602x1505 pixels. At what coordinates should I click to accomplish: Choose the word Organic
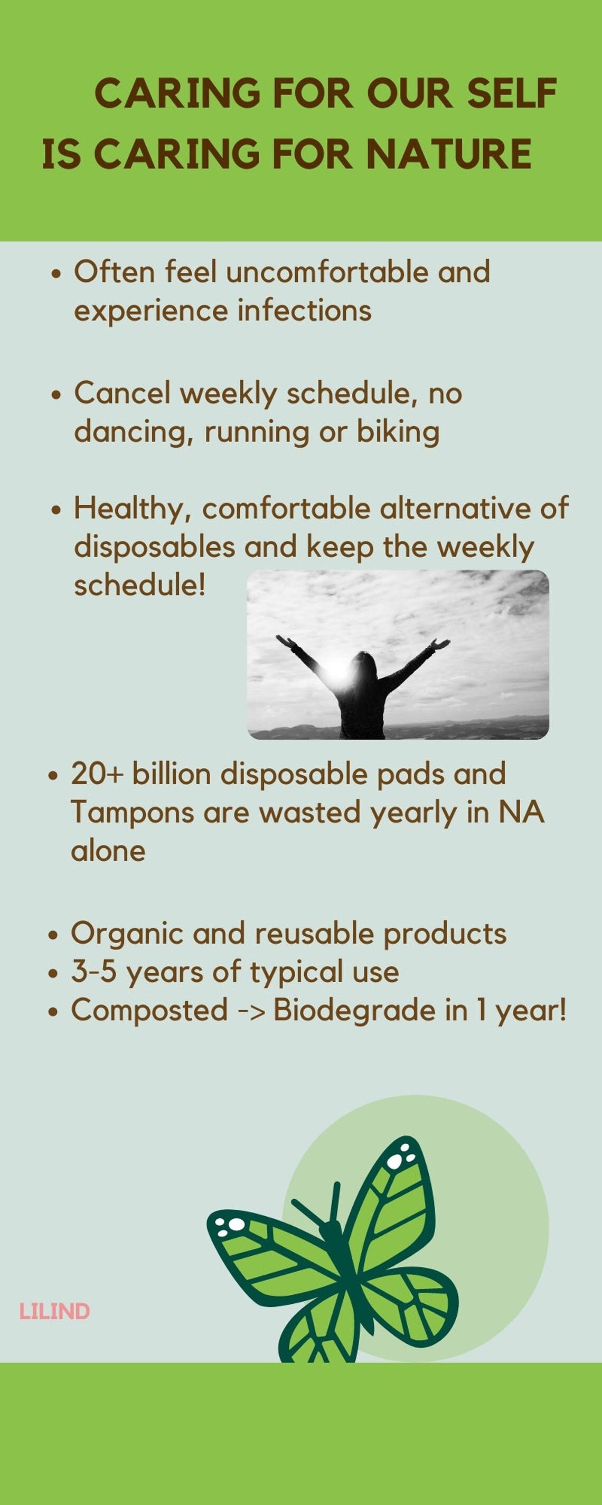(127, 934)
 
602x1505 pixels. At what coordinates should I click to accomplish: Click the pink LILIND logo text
(54, 1312)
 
